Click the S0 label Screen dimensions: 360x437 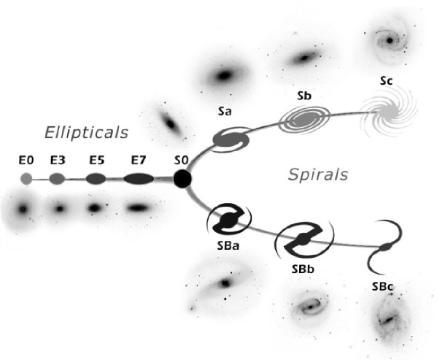coord(181,158)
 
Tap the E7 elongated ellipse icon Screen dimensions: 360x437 coord(139,178)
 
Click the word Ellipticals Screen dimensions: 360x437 coord(86,132)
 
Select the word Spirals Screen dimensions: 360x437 coord(317,175)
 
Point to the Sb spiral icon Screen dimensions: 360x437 coord(305,116)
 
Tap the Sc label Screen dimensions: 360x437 coord(386,81)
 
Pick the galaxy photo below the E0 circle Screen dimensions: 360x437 coord(24,209)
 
